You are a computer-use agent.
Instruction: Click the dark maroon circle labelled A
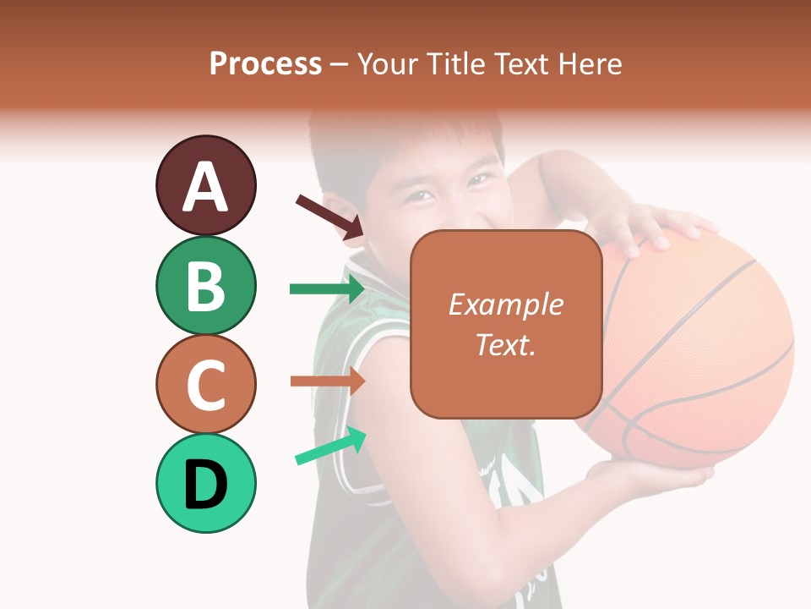pyautogui.click(x=205, y=185)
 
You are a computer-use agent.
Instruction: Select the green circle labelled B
pyautogui.click(x=205, y=285)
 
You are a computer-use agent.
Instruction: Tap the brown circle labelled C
pyautogui.click(x=205, y=384)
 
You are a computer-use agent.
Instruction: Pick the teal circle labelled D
pyautogui.click(x=205, y=483)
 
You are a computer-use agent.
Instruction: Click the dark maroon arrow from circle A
pyautogui.click(x=329, y=217)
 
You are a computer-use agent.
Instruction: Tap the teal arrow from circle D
pyautogui.click(x=330, y=446)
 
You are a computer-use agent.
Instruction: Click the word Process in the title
pyautogui.click(x=265, y=63)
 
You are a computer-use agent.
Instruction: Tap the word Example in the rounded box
pyautogui.click(x=505, y=304)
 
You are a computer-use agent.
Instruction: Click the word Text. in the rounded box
pyautogui.click(x=505, y=344)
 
